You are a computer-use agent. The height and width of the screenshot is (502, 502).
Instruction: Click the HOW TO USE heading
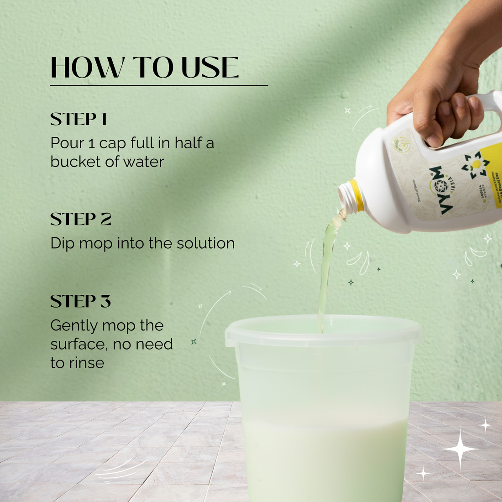[144, 68]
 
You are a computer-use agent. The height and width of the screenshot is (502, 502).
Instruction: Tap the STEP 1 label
[78, 120]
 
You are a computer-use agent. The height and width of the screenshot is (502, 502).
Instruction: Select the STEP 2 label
[80, 220]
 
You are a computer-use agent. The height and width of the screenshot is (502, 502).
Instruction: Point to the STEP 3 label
[80, 302]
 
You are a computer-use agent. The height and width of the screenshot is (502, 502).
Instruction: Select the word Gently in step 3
[73, 326]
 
